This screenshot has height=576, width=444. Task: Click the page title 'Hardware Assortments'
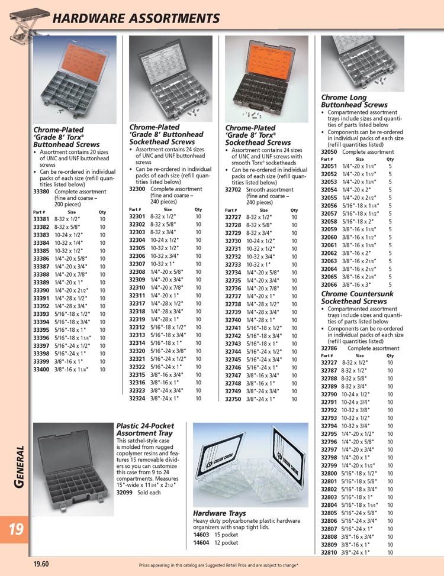(x=136, y=18)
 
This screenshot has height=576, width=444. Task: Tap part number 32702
(x=233, y=190)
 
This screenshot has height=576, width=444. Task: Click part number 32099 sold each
(x=124, y=492)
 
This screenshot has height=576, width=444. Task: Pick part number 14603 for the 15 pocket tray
(x=201, y=535)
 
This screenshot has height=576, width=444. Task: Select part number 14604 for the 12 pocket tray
(x=201, y=542)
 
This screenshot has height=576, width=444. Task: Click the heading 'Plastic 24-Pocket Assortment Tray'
(x=145, y=429)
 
